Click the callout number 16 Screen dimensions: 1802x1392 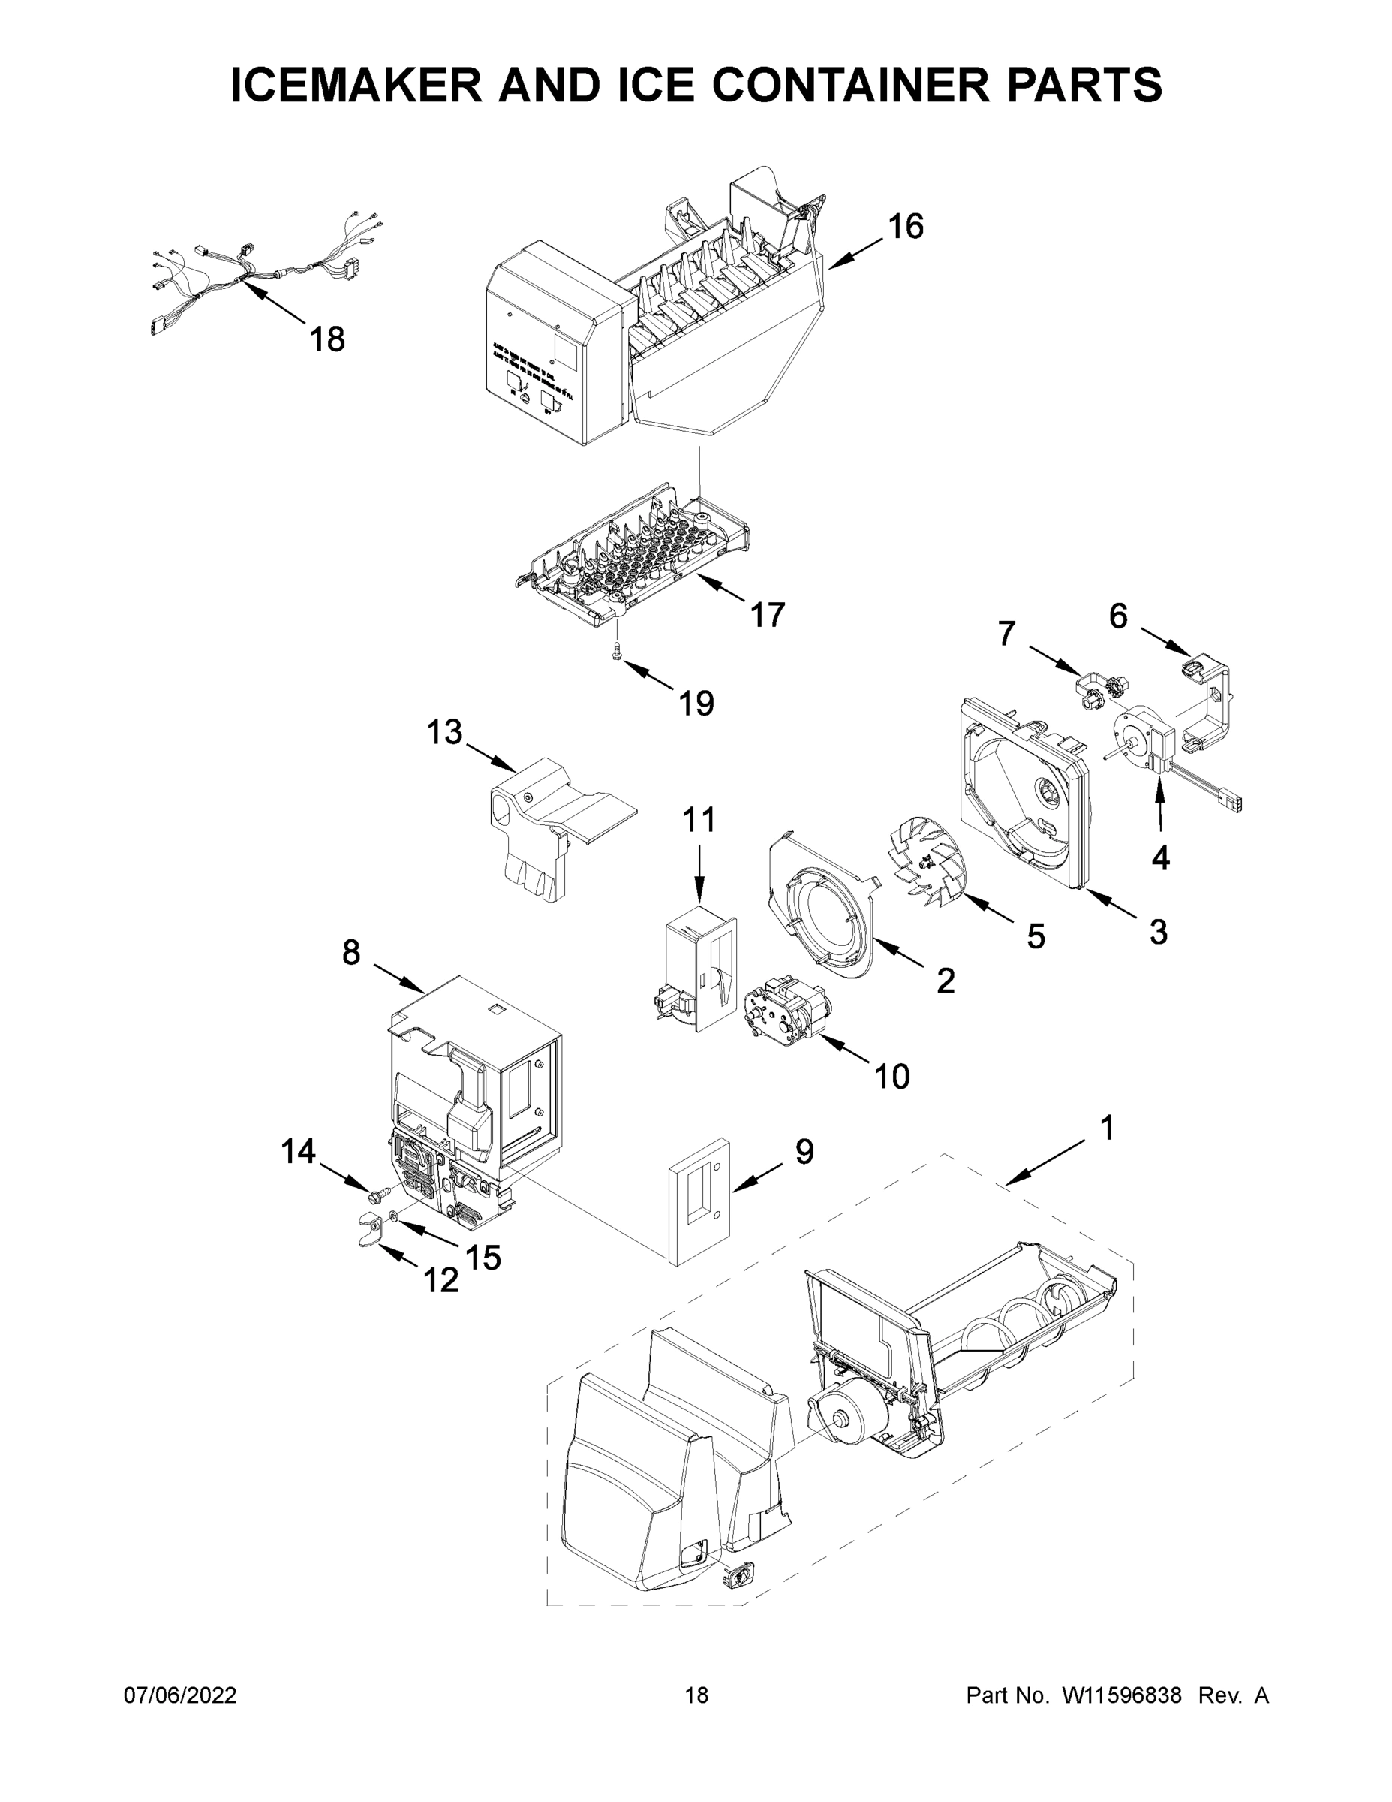coord(906,227)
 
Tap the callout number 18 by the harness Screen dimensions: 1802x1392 coord(327,339)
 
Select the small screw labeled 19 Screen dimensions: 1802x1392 coord(615,652)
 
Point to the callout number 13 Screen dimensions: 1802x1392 coord(444,732)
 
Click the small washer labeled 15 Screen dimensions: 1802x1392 coord(394,1216)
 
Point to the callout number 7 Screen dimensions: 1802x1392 coord(1006,634)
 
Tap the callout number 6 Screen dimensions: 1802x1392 coord(1117,616)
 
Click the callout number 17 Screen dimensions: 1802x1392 coord(767,615)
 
